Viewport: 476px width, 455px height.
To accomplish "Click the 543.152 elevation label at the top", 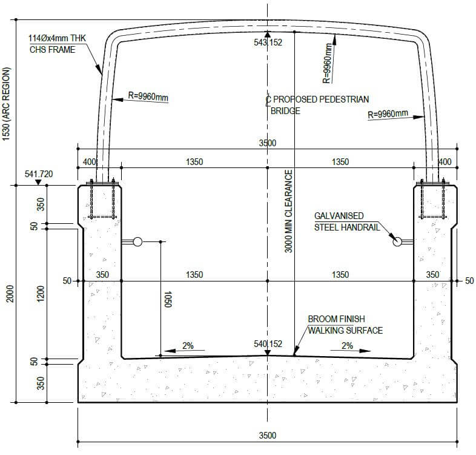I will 268,42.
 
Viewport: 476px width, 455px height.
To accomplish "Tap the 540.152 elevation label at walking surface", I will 268,344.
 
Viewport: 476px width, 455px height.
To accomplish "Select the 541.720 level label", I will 39,174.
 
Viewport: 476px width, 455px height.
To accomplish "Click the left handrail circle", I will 137,242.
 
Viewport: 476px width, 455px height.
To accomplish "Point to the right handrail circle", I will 397,242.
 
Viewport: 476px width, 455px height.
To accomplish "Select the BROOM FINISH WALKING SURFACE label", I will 345,325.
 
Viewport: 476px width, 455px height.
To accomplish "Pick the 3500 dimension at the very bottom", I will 267,436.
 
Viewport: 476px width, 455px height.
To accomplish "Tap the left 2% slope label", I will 188,346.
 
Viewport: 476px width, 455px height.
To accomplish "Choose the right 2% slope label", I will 347,346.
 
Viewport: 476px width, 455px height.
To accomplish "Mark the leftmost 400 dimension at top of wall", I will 90,162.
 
